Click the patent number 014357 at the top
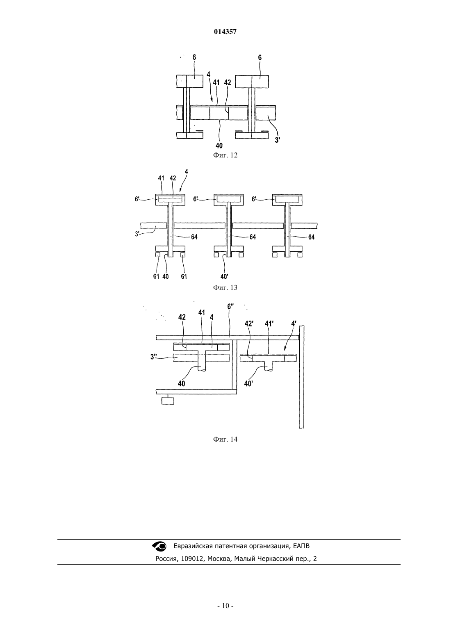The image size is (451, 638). [x=225, y=32]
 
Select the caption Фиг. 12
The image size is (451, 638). [x=225, y=155]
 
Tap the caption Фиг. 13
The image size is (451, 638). [x=225, y=287]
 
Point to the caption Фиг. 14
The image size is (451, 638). [x=225, y=439]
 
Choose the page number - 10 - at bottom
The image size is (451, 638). [x=225, y=606]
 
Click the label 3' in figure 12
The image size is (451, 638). [x=277, y=140]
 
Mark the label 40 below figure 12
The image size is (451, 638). [x=219, y=146]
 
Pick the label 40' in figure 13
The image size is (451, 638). [x=224, y=276]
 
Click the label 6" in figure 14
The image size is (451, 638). [x=230, y=307]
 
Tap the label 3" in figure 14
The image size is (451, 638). [x=154, y=357]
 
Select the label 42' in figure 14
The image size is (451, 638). [x=249, y=324]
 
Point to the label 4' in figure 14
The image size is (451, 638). [x=294, y=324]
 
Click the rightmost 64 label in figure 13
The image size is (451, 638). [x=312, y=237]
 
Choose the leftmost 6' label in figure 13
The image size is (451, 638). [x=137, y=199]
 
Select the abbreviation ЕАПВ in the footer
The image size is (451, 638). [x=301, y=546]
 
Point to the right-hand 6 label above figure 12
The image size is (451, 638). [x=260, y=57]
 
